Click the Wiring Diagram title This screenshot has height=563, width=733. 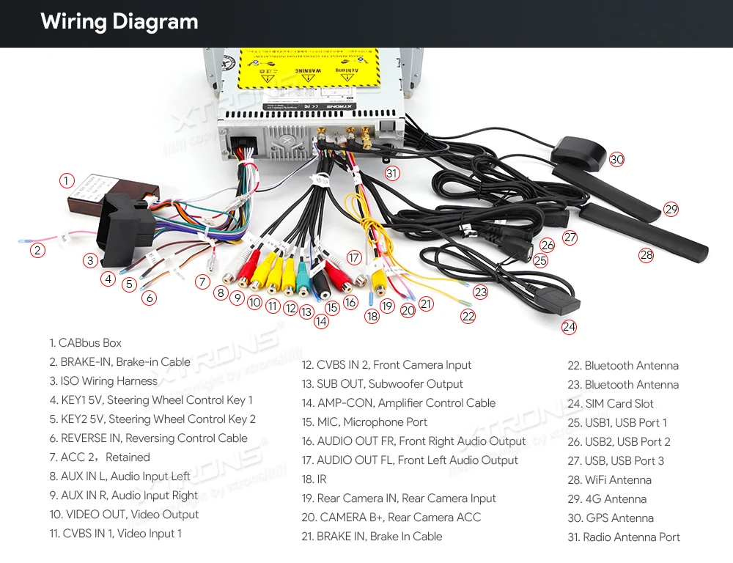[x=119, y=22]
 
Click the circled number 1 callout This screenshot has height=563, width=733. [x=67, y=180]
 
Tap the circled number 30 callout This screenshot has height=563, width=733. [x=616, y=159]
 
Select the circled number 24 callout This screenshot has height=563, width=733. [x=570, y=327]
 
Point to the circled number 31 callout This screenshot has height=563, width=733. [x=393, y=173]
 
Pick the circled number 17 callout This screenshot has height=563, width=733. [x=354, y=257]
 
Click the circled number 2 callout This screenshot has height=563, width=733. [x=37, y=250]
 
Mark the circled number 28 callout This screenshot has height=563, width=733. [x=646, y=255]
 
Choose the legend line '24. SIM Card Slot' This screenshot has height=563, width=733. [x=611, y=404]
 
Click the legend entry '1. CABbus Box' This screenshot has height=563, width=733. [x=86, y=343]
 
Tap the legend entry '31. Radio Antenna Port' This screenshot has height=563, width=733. [x=624, y=537]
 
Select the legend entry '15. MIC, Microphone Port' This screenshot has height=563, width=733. [x=364, y=422]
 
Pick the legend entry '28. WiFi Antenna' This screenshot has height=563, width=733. [x=609, y=480]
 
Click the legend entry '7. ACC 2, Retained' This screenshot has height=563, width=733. [x=100, y=457]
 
